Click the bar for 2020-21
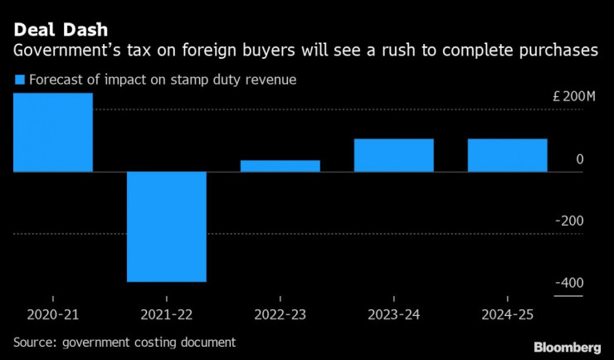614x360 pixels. (52, 132)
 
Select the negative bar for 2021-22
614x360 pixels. (166, 226)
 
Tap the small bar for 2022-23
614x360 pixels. (280, 166)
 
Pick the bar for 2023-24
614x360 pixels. (393, 155)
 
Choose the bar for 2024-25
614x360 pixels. (507, 155)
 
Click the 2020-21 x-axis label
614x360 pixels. (52, 315)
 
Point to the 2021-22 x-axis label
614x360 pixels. (166, 315)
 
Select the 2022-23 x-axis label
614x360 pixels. (280, 315)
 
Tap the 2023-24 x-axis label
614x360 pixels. (393, 315)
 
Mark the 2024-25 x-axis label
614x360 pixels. (507, 315)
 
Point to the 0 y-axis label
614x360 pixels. (580, 159)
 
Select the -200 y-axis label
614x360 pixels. (570, 221)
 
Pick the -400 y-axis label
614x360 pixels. (570, 284)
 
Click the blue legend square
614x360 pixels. (19, 80)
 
